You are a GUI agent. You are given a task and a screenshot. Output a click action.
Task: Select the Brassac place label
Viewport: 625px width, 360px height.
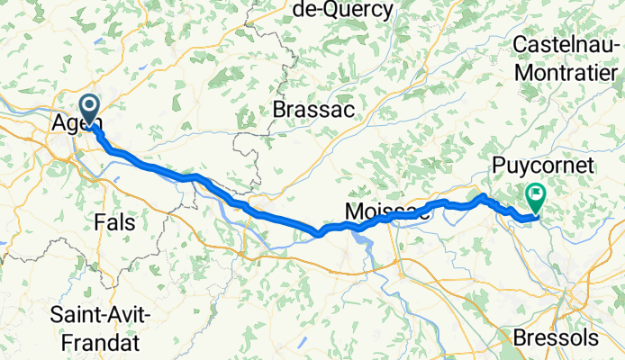coord(313,109)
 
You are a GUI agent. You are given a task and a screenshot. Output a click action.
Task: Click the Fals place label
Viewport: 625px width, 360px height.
coord(114,220)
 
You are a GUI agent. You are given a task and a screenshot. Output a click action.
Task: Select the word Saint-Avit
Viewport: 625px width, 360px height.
coord(100,316)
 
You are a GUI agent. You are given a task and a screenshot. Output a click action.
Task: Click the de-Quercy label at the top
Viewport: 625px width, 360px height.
coord(343,11)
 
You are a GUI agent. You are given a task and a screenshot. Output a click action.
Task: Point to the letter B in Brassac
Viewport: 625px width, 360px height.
coord(279,109)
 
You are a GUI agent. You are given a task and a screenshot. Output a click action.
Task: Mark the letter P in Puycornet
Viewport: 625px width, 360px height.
coord(498,165)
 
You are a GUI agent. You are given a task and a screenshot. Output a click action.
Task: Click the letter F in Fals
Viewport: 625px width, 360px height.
coord(98,220)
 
